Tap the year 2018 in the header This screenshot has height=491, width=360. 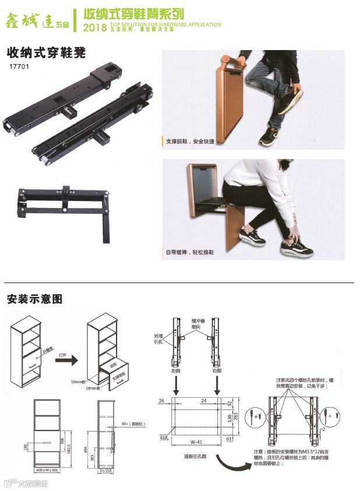(95, 28)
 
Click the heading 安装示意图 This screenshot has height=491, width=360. (34, 299)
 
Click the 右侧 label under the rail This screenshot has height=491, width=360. (217, 370)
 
